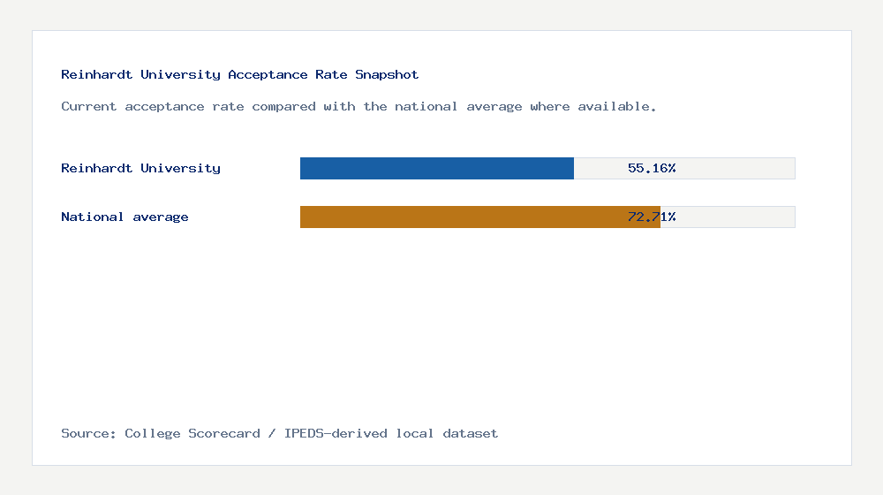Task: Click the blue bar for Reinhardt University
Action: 437,168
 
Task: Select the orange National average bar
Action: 479,217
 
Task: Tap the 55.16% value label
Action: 652,168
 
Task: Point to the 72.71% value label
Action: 652,217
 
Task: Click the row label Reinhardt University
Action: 140,168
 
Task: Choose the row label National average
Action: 125,217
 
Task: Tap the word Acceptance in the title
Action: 268,75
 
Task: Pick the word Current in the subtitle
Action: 89,106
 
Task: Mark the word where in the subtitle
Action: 550,106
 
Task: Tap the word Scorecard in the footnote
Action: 224,433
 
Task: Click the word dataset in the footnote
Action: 471,433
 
